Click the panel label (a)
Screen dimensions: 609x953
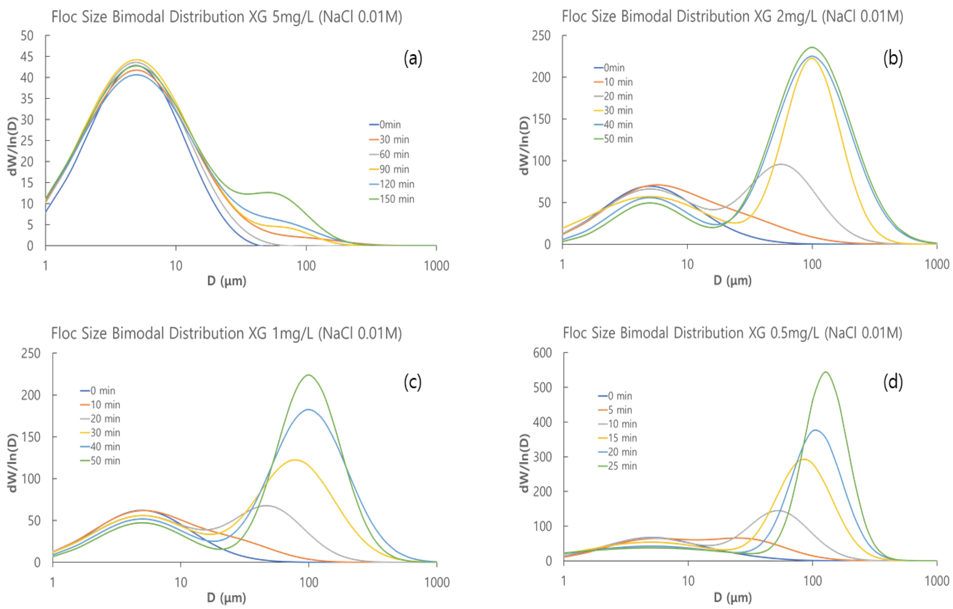413,59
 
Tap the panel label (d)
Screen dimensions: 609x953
893,382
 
